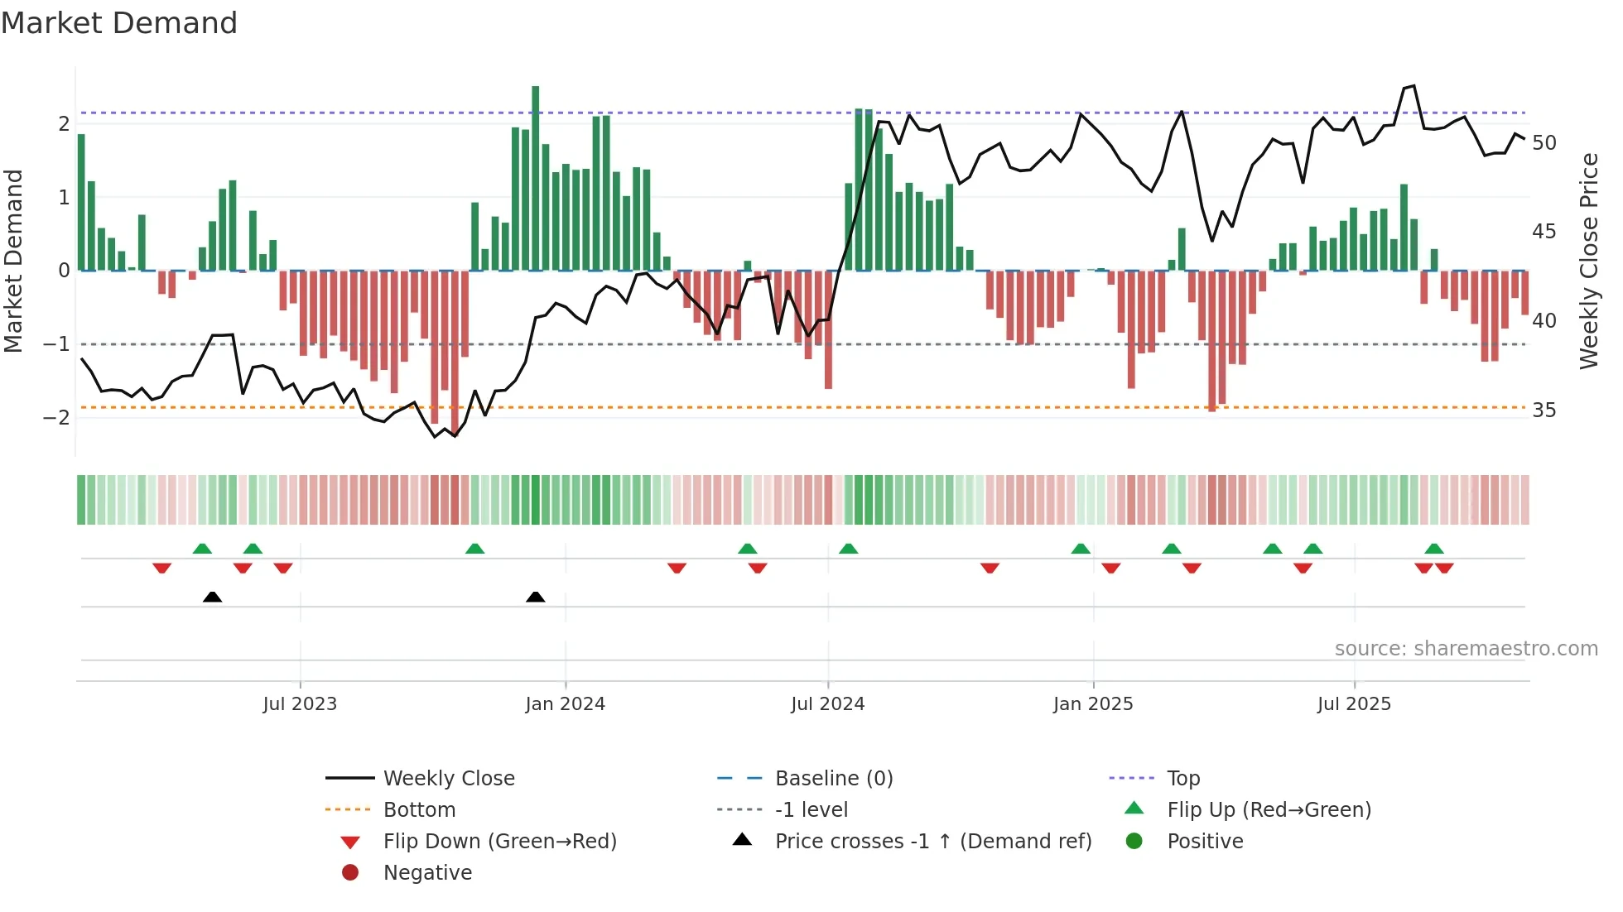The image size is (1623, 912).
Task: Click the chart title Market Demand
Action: coord(119,23)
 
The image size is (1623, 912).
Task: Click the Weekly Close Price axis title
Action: coord(1588,261)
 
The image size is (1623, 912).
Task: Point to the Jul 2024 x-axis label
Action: coord(827,704)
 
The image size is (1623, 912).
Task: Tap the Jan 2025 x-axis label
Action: coord(1093,704)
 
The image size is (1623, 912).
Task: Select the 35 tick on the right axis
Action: coord(1544,410)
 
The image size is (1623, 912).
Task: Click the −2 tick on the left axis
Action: coord(56,417)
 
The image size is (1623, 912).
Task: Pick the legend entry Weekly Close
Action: coord(448,779)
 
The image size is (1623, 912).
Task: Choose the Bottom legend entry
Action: coord(419,810)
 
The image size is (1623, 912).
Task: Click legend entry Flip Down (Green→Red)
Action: coord(499,842)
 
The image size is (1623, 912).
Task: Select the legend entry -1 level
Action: coord(811,810)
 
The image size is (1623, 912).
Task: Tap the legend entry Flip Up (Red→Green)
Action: coord(1269,810)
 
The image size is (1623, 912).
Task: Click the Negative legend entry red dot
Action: coord(350,873)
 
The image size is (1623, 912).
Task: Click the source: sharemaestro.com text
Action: coord(1466,649)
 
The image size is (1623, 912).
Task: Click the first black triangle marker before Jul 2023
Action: coord(212,597)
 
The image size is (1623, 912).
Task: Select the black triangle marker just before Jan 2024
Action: coord(536,597)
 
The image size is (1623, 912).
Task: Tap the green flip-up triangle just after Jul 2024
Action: coord(848,549)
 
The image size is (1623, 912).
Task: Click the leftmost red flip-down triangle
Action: coord(162,568)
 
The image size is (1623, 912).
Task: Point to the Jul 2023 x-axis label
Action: coord(300,704)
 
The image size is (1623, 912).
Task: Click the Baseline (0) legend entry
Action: coord(833,779)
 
